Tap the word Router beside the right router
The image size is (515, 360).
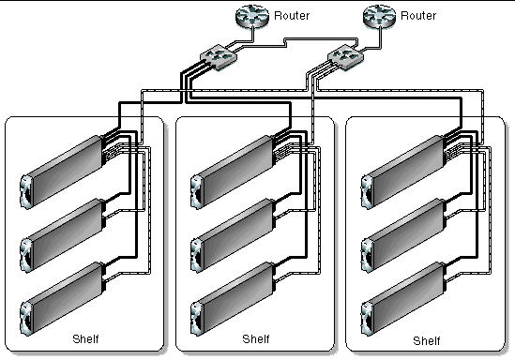[x=417, y=16]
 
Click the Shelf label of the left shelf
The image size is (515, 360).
[x=85, y=337]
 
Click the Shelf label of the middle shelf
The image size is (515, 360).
[x=255, y=338]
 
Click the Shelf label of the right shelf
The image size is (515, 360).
[x=426, y=338]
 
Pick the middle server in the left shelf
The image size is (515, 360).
[x=62, y=230]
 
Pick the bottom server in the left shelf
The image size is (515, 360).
[x=62, y=292]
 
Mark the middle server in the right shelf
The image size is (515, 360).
[x=402, y=230]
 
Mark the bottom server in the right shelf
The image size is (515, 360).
[x=402, y=292]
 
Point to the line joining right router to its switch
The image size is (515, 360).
[x=366, y=40]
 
